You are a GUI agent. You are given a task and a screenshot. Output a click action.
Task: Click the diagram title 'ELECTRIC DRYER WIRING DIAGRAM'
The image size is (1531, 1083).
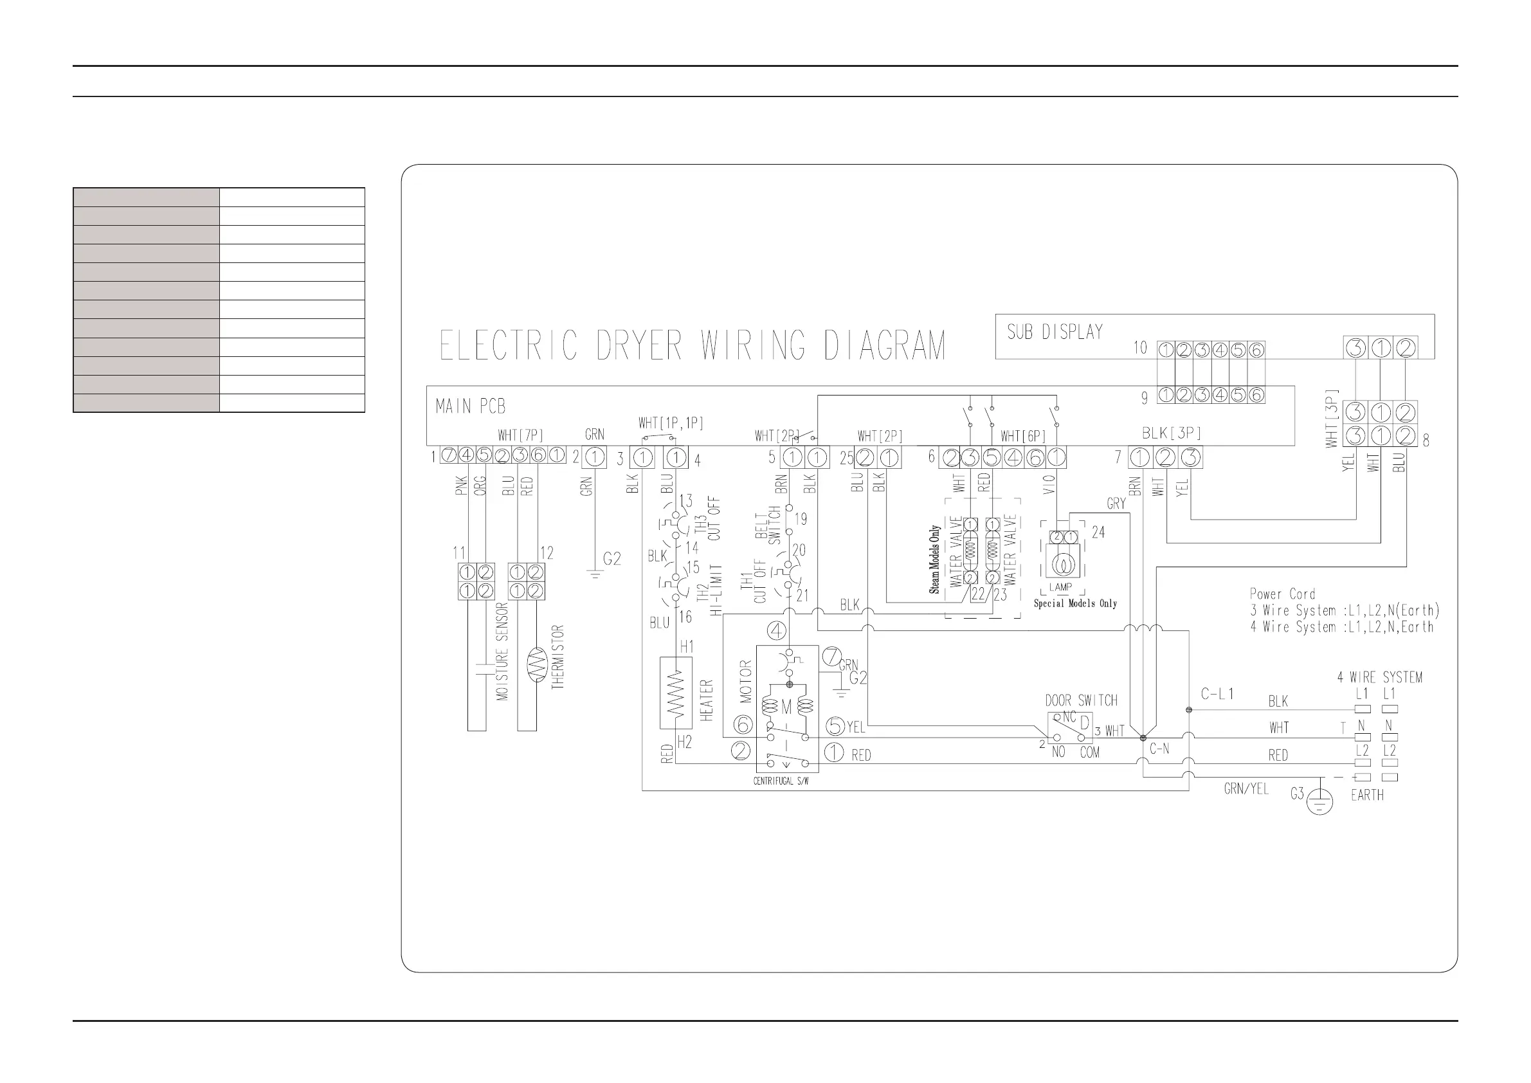coord(692,345)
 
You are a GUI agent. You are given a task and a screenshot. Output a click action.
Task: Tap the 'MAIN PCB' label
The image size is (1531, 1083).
coord(470,406)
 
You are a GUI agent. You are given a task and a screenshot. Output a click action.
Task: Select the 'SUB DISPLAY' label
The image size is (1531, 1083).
coord(1055,332)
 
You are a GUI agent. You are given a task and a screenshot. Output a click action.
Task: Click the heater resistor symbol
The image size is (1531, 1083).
coord(676,693)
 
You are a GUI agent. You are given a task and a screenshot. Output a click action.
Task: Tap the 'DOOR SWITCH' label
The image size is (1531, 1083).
coord(1081,701)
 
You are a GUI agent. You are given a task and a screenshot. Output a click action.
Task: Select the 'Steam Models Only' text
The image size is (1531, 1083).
coord(935,560)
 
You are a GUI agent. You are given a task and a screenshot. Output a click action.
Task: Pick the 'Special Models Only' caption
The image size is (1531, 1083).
coord(1075,603)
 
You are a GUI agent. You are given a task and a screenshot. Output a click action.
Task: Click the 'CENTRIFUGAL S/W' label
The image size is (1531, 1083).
coord(781,781)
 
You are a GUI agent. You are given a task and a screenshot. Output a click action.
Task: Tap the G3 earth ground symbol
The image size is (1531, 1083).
coord(1320,801)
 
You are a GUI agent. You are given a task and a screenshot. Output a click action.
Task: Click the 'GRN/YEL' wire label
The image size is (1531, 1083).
coord(1246,789)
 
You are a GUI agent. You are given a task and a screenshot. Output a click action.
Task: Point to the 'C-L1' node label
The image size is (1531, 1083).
coord(1218,694)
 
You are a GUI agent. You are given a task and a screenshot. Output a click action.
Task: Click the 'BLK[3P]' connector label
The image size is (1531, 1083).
coord(1171,433)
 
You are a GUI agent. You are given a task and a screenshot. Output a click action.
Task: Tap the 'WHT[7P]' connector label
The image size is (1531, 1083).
coord(520,435)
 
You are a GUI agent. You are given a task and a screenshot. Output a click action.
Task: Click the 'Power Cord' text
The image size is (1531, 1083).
coord(1282,594)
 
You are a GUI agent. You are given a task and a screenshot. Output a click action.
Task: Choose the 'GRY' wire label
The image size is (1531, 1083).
coord(1116,504)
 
